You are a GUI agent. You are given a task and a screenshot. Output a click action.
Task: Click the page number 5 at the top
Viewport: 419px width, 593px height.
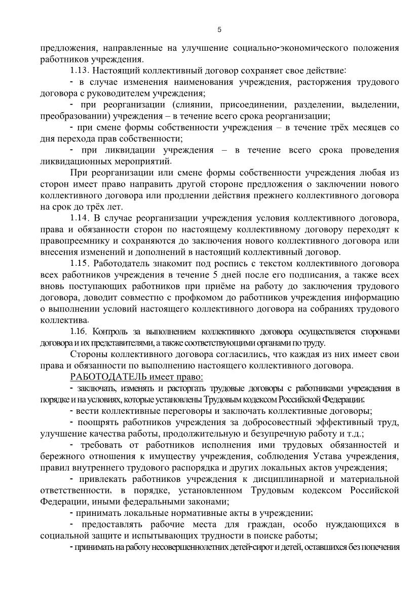click(x=219, y=29)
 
